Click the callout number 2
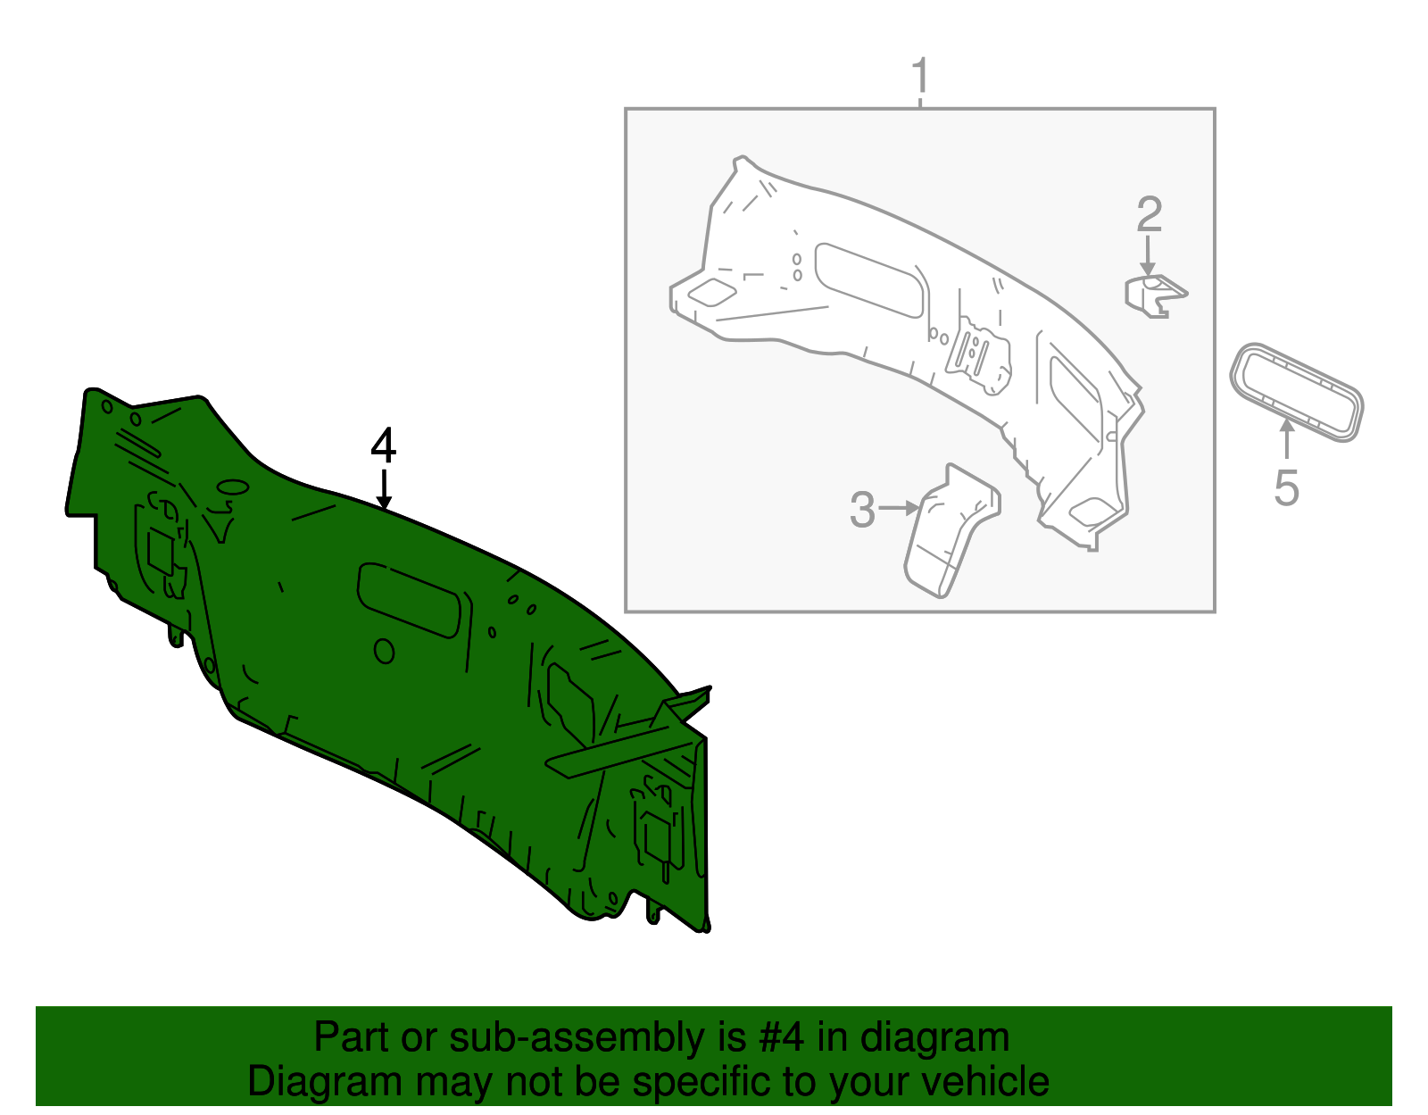point(1150,215)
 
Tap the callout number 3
point(862,510)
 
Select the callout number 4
point(384,445)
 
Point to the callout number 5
point(1286,488)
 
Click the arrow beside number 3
point(900,509)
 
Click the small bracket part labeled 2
point(1155,296)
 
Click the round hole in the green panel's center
point(384,651)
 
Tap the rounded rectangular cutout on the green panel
point(409,599)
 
